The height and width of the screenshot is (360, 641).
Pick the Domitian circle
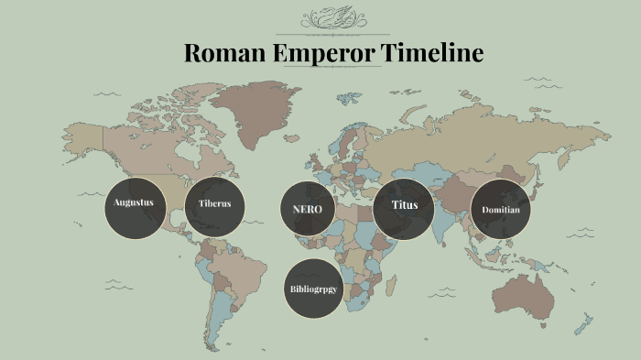(501, 210)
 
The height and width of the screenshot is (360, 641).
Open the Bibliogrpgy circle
(313, 289)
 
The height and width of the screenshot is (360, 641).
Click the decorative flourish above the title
(333, 16)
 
